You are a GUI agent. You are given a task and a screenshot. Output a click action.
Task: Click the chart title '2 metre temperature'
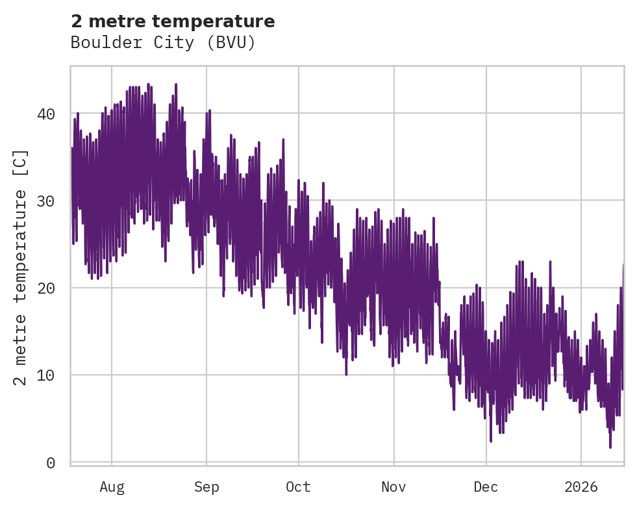coord(173,21)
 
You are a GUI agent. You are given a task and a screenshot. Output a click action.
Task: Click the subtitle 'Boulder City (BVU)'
coord(163,43)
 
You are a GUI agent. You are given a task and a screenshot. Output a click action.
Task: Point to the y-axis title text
coord(21,267)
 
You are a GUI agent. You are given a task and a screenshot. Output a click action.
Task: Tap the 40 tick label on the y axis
coord(45,114)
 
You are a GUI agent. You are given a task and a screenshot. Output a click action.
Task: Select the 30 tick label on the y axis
coord(45,201)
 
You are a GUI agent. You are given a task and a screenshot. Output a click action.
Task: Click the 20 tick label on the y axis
coord(45,288)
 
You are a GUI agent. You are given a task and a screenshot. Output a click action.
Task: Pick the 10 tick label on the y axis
coord(45,375)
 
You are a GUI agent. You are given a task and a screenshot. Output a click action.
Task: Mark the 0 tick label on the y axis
coord(50,462)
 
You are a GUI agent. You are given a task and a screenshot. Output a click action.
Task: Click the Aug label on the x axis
coord(112,487)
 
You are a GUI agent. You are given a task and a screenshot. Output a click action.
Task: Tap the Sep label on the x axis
coord(206,487)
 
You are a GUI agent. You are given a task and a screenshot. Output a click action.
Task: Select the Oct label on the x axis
coord(299,487)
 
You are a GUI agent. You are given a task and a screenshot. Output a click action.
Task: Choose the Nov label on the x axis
coord(393,487)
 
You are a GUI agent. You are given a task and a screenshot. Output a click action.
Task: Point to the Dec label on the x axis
coord(486,487)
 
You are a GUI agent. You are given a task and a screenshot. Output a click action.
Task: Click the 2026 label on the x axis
coord(581,487)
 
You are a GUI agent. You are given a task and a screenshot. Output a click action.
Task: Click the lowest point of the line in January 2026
coord(610,447)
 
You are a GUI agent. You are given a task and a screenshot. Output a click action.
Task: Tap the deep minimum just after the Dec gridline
coord(491,441)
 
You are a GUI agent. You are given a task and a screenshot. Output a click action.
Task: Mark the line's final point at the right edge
coord(623,265)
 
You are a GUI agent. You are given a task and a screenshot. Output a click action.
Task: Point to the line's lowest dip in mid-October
coord(346,374)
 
